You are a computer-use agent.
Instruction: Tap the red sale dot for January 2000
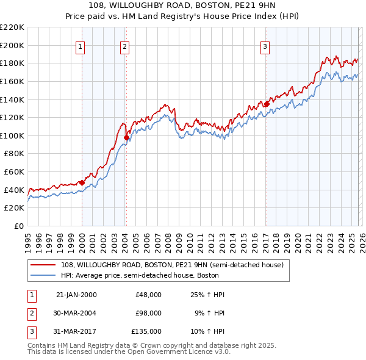82,182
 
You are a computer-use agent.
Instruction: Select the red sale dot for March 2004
126,137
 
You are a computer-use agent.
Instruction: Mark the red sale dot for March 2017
267,104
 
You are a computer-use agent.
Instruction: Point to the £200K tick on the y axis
12,45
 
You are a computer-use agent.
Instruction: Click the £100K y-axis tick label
12,135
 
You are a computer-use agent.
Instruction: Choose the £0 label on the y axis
19,226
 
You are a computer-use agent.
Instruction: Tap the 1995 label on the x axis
27,241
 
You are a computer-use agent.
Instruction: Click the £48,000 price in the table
148,295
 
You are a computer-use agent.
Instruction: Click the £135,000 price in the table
146,331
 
